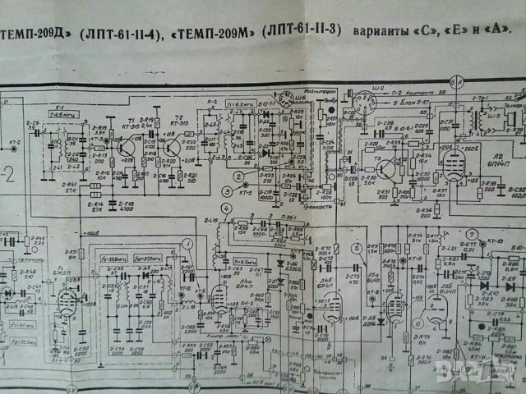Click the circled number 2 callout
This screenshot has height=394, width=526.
pos(238,176)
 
